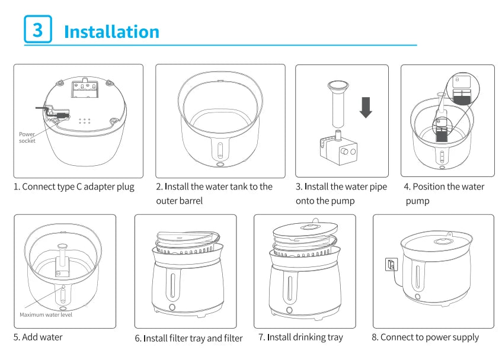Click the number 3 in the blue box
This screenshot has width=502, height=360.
(37, 30)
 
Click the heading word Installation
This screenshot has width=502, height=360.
(111, 31)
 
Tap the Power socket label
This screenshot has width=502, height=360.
(27, 137)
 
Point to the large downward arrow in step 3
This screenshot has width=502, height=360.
(366, 107)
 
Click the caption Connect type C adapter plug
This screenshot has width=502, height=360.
(74, 187)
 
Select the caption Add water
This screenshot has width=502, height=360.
(38, 337)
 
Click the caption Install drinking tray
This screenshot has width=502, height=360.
(300, 337)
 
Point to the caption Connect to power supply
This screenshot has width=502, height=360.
(425, 337)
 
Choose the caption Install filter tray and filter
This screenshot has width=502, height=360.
(188, 338)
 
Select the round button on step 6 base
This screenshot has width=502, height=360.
(172, 307)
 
